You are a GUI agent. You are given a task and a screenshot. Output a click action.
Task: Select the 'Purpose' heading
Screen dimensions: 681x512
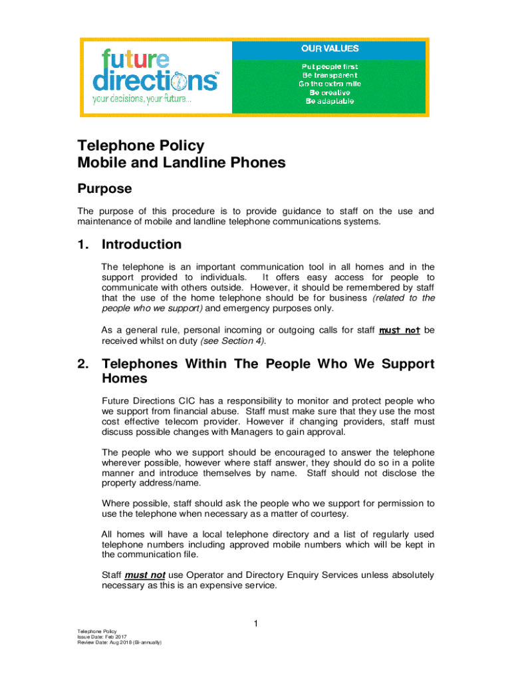(104, 189)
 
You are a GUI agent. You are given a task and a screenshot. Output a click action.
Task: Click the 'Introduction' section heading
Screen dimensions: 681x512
(141, 245)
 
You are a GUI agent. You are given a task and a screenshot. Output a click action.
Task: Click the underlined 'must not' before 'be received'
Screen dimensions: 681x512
(399, 330)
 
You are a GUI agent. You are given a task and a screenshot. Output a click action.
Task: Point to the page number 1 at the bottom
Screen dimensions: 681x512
(255, 623)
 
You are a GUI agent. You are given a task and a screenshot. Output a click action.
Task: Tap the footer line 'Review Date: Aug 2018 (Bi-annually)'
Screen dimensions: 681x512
(120, 642)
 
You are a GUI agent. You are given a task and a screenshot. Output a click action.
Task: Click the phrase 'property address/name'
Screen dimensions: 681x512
(140, 483)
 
